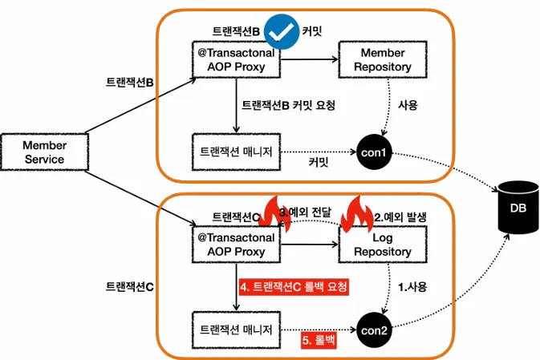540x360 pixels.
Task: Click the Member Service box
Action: [45, 152]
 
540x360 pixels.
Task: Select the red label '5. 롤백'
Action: [318, 341]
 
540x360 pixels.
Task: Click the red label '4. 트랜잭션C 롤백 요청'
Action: [294, 285]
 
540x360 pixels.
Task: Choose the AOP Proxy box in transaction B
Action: [236, 60]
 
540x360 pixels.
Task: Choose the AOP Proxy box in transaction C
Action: [236, 245]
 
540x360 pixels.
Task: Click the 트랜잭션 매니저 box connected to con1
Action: [236, 152]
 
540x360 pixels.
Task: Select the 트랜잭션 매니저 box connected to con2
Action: [236, 329]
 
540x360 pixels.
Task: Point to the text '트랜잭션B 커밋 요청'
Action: [289, 105]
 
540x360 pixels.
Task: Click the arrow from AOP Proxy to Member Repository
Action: [309, 59]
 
